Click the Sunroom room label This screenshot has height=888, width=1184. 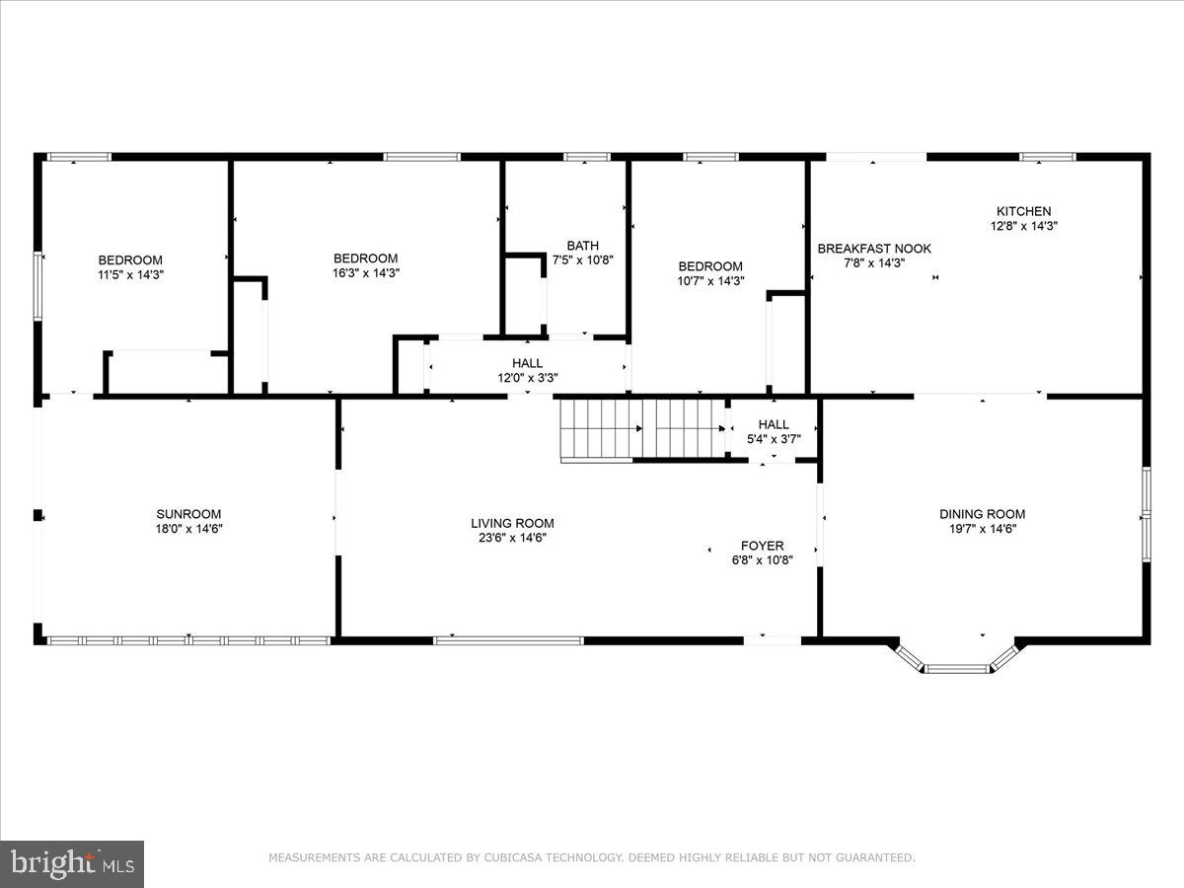(x=187, y=514)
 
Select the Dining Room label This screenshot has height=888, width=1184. (x=982, y=514)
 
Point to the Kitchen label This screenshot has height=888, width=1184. (x=1023, y=211)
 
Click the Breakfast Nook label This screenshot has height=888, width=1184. (x=873, y=249)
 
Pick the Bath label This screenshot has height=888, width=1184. (x=582, y=246)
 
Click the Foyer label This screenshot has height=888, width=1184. (x=763, y=546)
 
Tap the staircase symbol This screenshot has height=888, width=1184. (x=641, y=428)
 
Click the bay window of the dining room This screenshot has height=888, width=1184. (x=956, y=668)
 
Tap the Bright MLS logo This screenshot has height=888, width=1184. (x=72, y=864)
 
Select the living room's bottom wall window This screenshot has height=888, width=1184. (x=508, y=640)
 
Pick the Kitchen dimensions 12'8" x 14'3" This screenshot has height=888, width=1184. (x=1023, y=226)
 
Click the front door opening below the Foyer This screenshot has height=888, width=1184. (x=773, y=640)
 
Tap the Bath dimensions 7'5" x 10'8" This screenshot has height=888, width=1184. (x=582, y=260)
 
